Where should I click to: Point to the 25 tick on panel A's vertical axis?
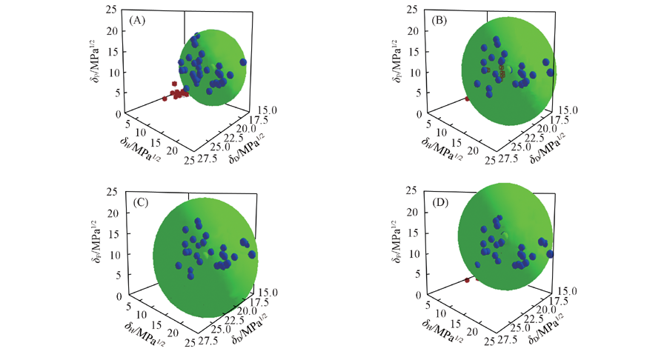pyautogui.click(x=110, y=10)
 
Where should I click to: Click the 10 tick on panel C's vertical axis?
pyautogui.click(x=110, y=255)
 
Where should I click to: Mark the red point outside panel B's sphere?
pyautogui.click(x=467, y=99)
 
